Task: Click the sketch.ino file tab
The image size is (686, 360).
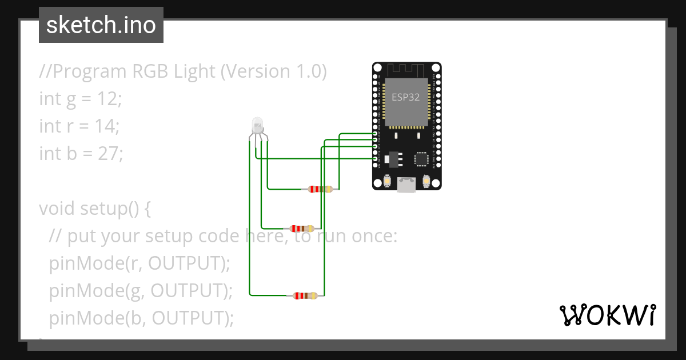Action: tap(101, 25)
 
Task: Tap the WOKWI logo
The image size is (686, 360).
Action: tap(607, 315)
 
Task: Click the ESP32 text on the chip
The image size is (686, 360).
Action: tap(405, 97)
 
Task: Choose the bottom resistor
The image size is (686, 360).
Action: tap(305, 295)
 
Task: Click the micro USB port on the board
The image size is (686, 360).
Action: tap(406, 184)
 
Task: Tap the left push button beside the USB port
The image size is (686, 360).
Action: tap(388, 181)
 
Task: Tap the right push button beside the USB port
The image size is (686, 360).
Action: tap(425, 181)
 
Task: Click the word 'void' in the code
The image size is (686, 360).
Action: tap(58, 208)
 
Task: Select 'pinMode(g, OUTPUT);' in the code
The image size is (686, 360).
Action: tap(141, 290)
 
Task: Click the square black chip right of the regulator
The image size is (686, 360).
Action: tap(422, 158)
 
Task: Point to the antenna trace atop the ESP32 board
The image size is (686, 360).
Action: tap(406, 69)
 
